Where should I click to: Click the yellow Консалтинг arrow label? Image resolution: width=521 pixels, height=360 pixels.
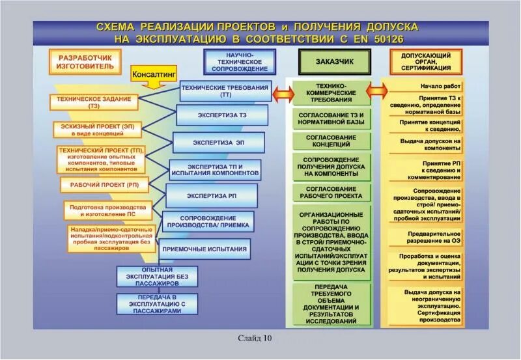(154, 75)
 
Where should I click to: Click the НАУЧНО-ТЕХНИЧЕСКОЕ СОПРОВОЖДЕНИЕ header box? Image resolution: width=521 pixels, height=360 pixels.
(239, 61)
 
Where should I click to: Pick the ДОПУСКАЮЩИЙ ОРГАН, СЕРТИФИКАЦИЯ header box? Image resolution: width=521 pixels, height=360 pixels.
(427, 62)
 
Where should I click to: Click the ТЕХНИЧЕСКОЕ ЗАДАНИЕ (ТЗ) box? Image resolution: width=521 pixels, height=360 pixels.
(95, 102)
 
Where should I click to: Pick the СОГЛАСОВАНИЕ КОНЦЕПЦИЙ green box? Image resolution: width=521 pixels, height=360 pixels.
(331, 141)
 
